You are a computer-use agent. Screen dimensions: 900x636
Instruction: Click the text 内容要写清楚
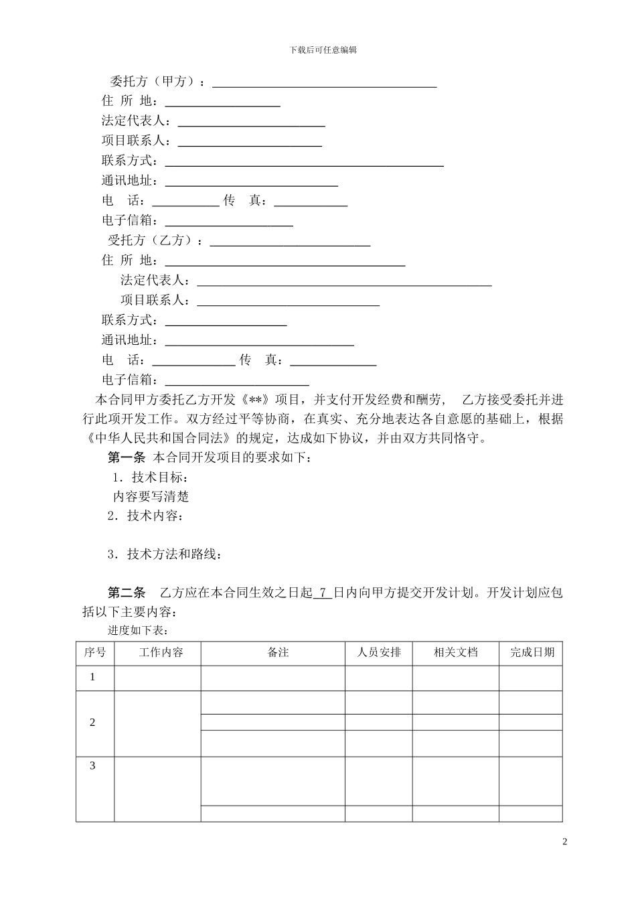point(151,496)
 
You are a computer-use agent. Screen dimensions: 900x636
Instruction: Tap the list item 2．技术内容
point(145,516)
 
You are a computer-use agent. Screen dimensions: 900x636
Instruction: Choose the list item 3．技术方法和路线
point(164,554)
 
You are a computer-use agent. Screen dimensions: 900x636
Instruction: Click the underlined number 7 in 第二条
point(323,593)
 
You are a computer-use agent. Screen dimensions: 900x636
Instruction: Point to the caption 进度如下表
point(137,630)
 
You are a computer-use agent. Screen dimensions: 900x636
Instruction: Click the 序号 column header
point(94,652)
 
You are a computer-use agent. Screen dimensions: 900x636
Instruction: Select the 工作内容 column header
point(161,652)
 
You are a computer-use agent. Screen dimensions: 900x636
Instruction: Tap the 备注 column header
point(278,652)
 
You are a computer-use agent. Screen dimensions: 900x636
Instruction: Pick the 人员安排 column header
point(379,652)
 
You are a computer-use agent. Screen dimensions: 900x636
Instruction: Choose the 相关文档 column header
point(455,652)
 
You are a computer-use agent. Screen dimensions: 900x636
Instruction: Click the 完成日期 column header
point(532,652)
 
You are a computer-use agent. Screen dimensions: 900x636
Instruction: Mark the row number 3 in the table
point(92,766)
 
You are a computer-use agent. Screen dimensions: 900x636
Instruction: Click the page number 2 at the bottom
point(564,842)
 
